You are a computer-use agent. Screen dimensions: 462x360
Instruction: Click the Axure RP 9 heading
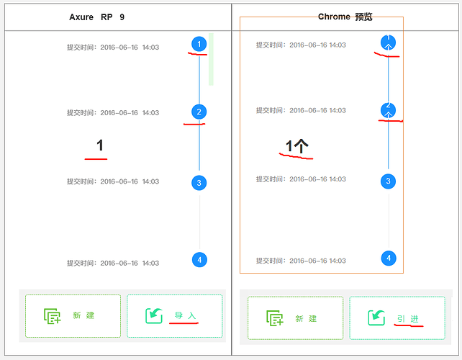tap(96, 17)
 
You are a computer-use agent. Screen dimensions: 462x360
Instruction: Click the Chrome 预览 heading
tap(345, 17)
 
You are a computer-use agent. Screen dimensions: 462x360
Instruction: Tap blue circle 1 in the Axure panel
tap(199, 44)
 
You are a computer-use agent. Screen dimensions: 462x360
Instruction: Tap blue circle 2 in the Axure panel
tap(199, 112)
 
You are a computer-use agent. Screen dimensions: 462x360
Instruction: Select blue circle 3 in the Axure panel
tap(199, 183)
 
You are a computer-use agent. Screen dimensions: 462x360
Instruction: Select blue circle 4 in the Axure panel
tap(199, 260)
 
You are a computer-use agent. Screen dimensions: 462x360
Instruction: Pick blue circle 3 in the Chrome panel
tap(388, 181)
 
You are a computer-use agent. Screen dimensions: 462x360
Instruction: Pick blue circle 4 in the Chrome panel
tap(389, 258)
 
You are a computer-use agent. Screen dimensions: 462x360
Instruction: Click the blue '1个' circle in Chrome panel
tap(388, 42)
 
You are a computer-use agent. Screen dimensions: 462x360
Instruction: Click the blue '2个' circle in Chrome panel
tap(388, 110)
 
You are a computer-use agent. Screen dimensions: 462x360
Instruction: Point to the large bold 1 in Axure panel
tap(100, 145)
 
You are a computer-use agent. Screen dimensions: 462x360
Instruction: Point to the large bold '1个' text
tap(297, 146)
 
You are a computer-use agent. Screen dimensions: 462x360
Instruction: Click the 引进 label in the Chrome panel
tap(407, 319)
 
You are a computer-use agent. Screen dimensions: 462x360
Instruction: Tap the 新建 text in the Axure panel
tap(83, 315)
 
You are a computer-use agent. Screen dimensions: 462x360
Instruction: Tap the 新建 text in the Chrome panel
tap(306, 319)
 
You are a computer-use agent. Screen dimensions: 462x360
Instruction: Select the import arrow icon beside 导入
tap(154, 316)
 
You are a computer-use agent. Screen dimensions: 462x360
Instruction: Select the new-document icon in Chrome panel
tap(275, 318)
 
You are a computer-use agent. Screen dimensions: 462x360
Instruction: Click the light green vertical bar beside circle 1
tap(211, 59)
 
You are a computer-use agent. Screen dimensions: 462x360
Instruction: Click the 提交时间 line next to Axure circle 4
tap(113, 263)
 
